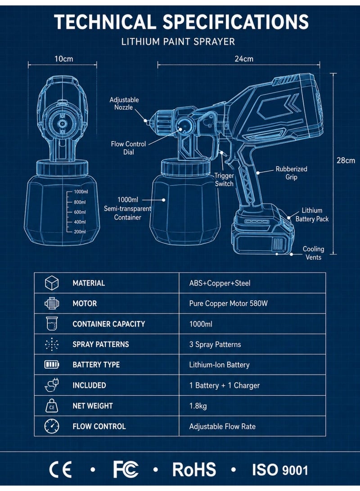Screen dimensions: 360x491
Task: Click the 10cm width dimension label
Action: (63, 59)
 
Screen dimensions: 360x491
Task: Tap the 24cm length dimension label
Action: (244, 59)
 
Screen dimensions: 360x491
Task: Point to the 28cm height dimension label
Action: (346, 161)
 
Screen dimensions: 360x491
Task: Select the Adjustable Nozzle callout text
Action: (124, 103)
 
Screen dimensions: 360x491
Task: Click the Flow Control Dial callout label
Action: (128, 148)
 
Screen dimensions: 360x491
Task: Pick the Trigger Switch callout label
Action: (224, 180)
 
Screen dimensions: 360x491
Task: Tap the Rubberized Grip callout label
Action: (292, 173)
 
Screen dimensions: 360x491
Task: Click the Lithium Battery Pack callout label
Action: (312, 214)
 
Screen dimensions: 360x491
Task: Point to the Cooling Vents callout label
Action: (313, 253)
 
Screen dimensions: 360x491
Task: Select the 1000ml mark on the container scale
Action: (81, 192)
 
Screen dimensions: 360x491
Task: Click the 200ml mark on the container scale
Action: (80, 232)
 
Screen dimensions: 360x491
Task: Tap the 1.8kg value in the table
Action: (198, 406)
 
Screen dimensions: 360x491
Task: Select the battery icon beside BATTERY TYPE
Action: (52, 365)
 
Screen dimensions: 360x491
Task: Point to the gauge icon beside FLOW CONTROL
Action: (52, 426)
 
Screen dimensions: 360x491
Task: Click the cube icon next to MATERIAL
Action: (52, 283)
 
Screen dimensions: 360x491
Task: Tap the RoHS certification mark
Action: (194, 469)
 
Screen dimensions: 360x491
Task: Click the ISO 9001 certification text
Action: (280, 470)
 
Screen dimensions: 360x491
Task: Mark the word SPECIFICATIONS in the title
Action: (236, 22)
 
